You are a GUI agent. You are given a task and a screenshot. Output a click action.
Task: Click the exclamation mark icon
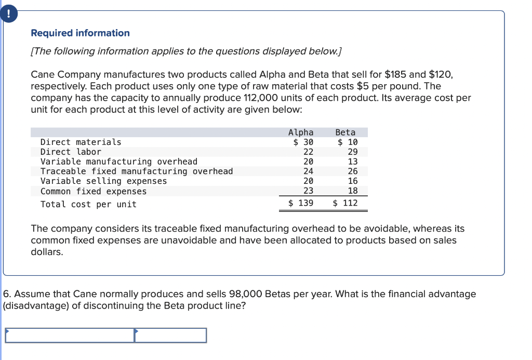pos(8,15)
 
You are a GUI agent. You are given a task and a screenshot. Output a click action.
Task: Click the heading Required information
pos(81,33)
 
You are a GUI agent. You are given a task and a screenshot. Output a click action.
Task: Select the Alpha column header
pos(301,132)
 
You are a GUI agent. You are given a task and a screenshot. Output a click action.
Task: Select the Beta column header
pos(345,132)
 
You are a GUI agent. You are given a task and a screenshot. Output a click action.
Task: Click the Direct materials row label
pos(81,142)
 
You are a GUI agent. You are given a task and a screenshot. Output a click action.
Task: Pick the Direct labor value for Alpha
pos(308,152)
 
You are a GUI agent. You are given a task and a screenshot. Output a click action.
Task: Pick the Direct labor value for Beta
pos(353,152)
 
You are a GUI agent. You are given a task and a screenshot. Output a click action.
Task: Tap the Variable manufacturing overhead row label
pos(119,162)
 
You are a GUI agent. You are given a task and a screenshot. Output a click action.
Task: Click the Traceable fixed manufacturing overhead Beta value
pos(353,171)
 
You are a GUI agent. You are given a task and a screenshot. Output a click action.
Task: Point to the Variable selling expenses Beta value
pos(353,181)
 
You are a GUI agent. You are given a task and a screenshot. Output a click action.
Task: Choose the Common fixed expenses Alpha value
pos(308,191)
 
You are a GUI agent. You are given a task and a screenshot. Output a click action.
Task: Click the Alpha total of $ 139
pos(301,203)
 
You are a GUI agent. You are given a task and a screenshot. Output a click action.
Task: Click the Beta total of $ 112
pos(345,203)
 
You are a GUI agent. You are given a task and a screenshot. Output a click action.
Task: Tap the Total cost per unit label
pos(88,204)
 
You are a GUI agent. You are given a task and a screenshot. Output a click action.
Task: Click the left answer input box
pos(70,336)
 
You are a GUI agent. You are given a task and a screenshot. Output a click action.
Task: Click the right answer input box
pos(171,336)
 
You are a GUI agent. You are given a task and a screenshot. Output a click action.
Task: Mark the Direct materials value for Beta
pos(348,142)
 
